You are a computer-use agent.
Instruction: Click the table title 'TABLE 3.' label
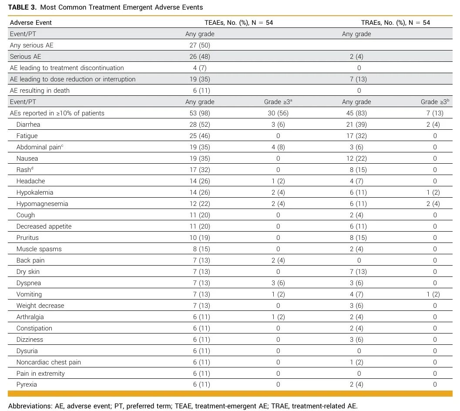tap(22, 7)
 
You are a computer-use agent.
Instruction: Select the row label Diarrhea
tap(28, 125)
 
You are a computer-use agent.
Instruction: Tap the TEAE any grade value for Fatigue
tap(200, 136)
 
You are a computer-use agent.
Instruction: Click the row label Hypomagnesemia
tap(42, 204)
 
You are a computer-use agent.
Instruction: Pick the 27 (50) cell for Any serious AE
tap(200, 45)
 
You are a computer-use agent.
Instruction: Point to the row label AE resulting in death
tap(40, 91)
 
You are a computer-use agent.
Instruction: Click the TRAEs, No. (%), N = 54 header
tap(396, 23)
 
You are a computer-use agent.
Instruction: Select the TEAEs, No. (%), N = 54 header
tap(239, 23)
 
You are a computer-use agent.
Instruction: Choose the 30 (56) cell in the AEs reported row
tap(278, 113)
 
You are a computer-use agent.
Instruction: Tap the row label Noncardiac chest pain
tap(49, 362)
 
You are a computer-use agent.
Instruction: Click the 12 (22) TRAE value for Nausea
tap(356, 158)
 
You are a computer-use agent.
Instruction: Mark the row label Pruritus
tap(27, 238)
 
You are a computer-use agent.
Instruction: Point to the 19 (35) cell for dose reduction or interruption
tap(200, 79)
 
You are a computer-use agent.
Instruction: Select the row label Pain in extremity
tap(40, 374)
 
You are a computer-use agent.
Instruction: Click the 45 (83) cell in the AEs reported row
tap(356, 113)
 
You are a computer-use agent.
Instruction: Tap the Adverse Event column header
tap(31, 23)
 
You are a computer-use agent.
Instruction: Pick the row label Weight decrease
tap(40, 306)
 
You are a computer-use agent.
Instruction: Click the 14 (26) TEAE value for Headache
tap(200, 181)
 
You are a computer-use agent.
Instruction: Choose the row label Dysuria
tap(27, 351)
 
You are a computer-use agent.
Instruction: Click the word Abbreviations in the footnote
tap(30, 406)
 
